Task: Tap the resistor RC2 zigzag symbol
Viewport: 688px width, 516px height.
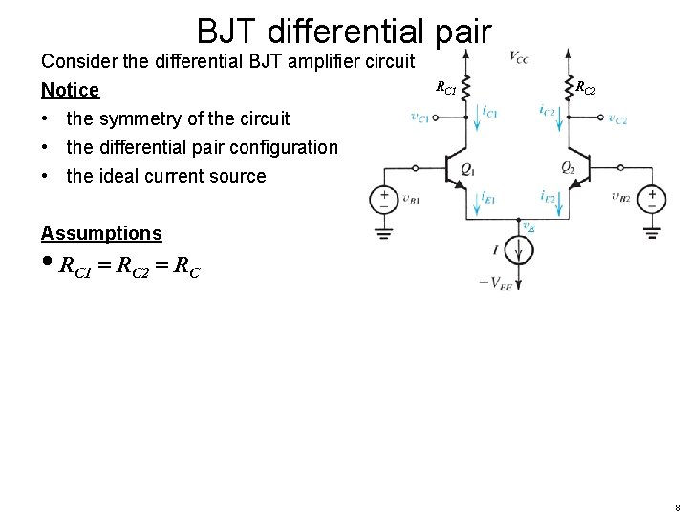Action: [x=568, y=88]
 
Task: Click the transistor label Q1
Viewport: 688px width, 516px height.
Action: [x=467, y=168]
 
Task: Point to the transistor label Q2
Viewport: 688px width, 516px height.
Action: [x=568, y=168]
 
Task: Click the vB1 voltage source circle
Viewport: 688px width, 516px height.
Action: [x=384, y=199]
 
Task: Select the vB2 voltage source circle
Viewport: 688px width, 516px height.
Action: [x=652, y=199]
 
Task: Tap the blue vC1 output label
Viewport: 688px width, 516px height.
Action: [x=419, y=118]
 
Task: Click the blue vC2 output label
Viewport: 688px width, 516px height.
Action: [x=617, y=118]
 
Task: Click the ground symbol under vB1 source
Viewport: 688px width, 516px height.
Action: [x=384, y=231]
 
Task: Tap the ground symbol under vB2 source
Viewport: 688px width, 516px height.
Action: [x=652, y=231]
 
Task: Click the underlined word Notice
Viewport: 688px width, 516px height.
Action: [x=70, y=90]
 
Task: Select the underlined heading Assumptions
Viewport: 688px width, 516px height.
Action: [x=101, y=233]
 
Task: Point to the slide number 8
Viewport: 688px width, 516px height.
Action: [x=677, y=507]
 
